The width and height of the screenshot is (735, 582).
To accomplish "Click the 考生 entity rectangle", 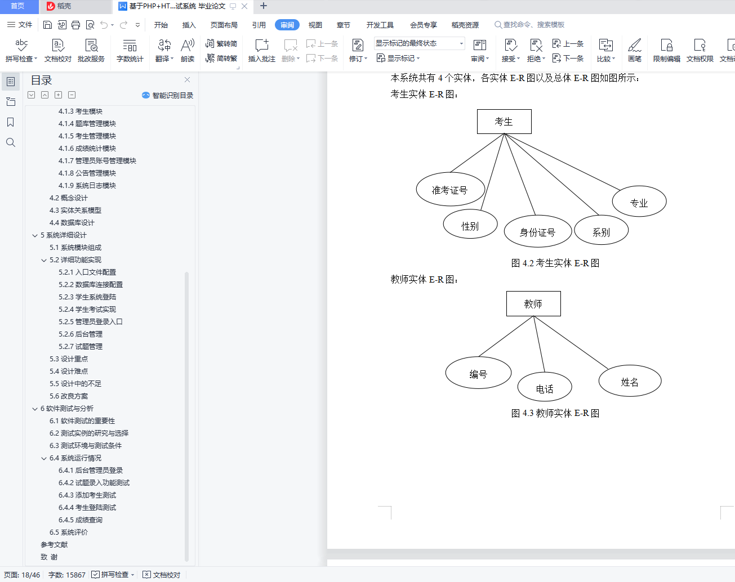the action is [504, 122].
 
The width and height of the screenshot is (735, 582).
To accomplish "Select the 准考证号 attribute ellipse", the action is [450, 189].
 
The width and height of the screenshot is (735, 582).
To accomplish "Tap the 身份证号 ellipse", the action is [537, 231].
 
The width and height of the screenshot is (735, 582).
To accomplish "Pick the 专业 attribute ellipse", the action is [639, 202].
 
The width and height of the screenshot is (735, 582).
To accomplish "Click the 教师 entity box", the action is [533, 303].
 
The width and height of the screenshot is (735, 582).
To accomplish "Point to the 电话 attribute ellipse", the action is [545, 387].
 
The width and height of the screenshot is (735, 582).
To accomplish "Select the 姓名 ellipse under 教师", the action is [630, 380].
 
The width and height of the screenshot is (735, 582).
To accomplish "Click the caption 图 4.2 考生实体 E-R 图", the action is [555, 263].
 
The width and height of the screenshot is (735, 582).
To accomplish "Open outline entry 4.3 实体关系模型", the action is [75, 211].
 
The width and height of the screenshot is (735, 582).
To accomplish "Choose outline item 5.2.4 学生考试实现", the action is [87, 309].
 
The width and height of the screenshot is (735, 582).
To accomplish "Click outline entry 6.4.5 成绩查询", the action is [81, 520].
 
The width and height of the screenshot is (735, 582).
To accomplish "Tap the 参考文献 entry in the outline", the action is [54, 544].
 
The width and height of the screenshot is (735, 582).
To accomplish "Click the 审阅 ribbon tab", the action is [287, 25].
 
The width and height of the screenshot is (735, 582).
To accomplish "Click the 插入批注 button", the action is [262, 50].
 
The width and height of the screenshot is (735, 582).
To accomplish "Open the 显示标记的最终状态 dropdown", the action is [420, 43].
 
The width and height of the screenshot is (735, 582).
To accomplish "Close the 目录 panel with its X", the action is [187, 80].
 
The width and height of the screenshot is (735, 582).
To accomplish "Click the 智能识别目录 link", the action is [168, 95].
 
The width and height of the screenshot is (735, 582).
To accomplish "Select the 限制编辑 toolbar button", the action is [666, 50].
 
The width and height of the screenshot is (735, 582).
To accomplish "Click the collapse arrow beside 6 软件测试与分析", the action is [35, 409].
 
